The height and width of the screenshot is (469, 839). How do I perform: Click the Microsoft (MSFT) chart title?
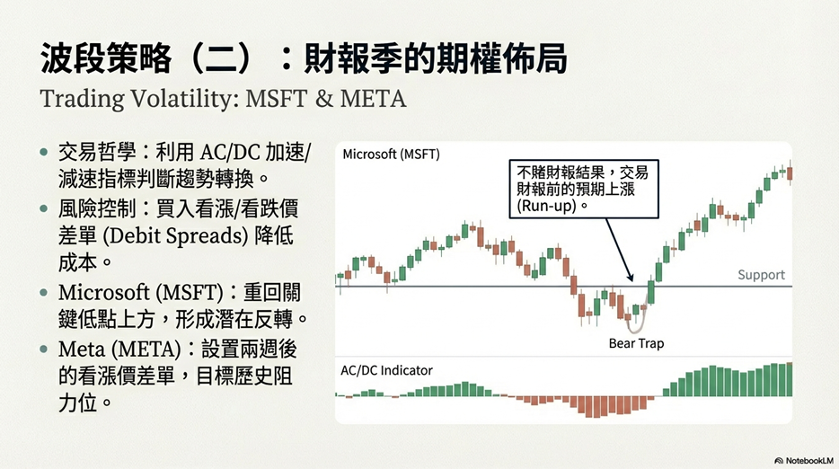pos(391,155)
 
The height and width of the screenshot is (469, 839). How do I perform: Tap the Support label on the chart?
pos(761,275)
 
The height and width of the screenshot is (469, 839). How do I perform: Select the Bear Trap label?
pos(636,343)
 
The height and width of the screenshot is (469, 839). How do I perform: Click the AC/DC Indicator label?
pos(386,370)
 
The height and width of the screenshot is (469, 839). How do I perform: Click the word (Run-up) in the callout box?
pos(546,206)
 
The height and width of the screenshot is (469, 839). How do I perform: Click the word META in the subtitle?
pos(373,99)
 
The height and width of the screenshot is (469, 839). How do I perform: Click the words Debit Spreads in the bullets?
pos(175,236)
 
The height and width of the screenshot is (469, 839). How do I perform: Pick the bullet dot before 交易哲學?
pos(44,153)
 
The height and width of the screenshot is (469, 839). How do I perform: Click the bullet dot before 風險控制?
pos(44,208)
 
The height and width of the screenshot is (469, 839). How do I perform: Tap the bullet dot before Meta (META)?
pos(44,350)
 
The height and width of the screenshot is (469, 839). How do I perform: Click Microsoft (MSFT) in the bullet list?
pos(141,293)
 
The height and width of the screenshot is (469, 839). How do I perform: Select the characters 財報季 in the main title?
pos(353,58)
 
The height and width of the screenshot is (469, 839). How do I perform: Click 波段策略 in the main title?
pos(105,58)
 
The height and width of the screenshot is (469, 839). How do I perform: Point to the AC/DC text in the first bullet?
pos(228,153)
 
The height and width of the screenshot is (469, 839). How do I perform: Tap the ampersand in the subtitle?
pos(323,99)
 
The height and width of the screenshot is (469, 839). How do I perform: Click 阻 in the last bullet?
pos(283,377)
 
